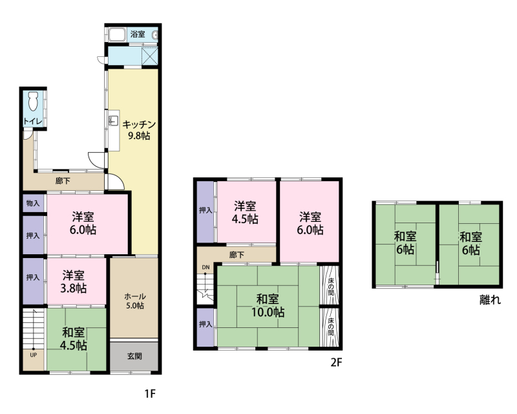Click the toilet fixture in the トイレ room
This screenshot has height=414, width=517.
pos(34,101)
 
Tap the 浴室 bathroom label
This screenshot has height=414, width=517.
pos(138,34)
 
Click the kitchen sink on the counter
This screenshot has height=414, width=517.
pos(113,121)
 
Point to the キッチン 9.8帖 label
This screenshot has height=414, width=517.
pos(139,130)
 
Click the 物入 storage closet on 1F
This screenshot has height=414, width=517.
pos(33,203)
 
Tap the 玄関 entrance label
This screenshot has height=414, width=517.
pos(134,356)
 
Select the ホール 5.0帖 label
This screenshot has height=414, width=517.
pos(135,301)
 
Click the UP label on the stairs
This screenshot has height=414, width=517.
pos(34,355)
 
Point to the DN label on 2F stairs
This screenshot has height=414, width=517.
pos(206,267)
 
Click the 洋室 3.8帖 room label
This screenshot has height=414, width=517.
pos(74,281)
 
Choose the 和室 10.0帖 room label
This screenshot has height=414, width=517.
pos(268,305)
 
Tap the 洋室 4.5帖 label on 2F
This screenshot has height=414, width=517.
pos(245,212)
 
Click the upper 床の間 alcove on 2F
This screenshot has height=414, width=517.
pos(330,285)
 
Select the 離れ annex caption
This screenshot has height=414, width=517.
pos(490,300)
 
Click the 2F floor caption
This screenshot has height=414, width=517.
pos(336,362)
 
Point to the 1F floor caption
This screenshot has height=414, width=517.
pos(150,393)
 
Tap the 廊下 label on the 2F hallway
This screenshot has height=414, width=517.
pos(237,255)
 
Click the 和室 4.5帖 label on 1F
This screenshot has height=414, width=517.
pos(74,338)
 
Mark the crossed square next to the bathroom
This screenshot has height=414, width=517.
pos(150,56)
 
